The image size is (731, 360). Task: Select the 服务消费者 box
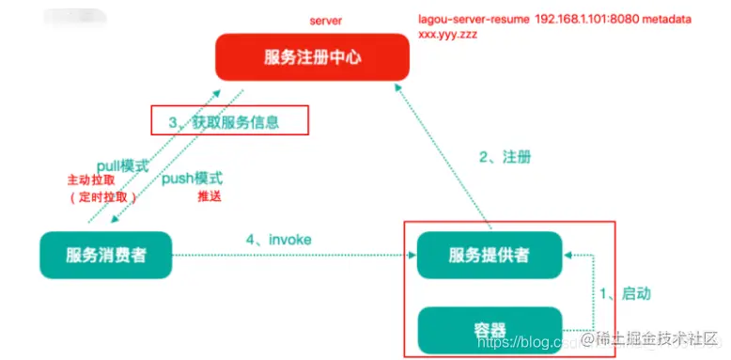point(105,254)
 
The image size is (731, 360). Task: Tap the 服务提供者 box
point(490,254)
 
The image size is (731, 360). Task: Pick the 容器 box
point(490,330)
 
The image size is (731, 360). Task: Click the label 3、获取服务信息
point(229,122)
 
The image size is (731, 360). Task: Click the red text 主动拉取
point(92,180)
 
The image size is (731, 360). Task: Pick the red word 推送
point(210,197)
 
